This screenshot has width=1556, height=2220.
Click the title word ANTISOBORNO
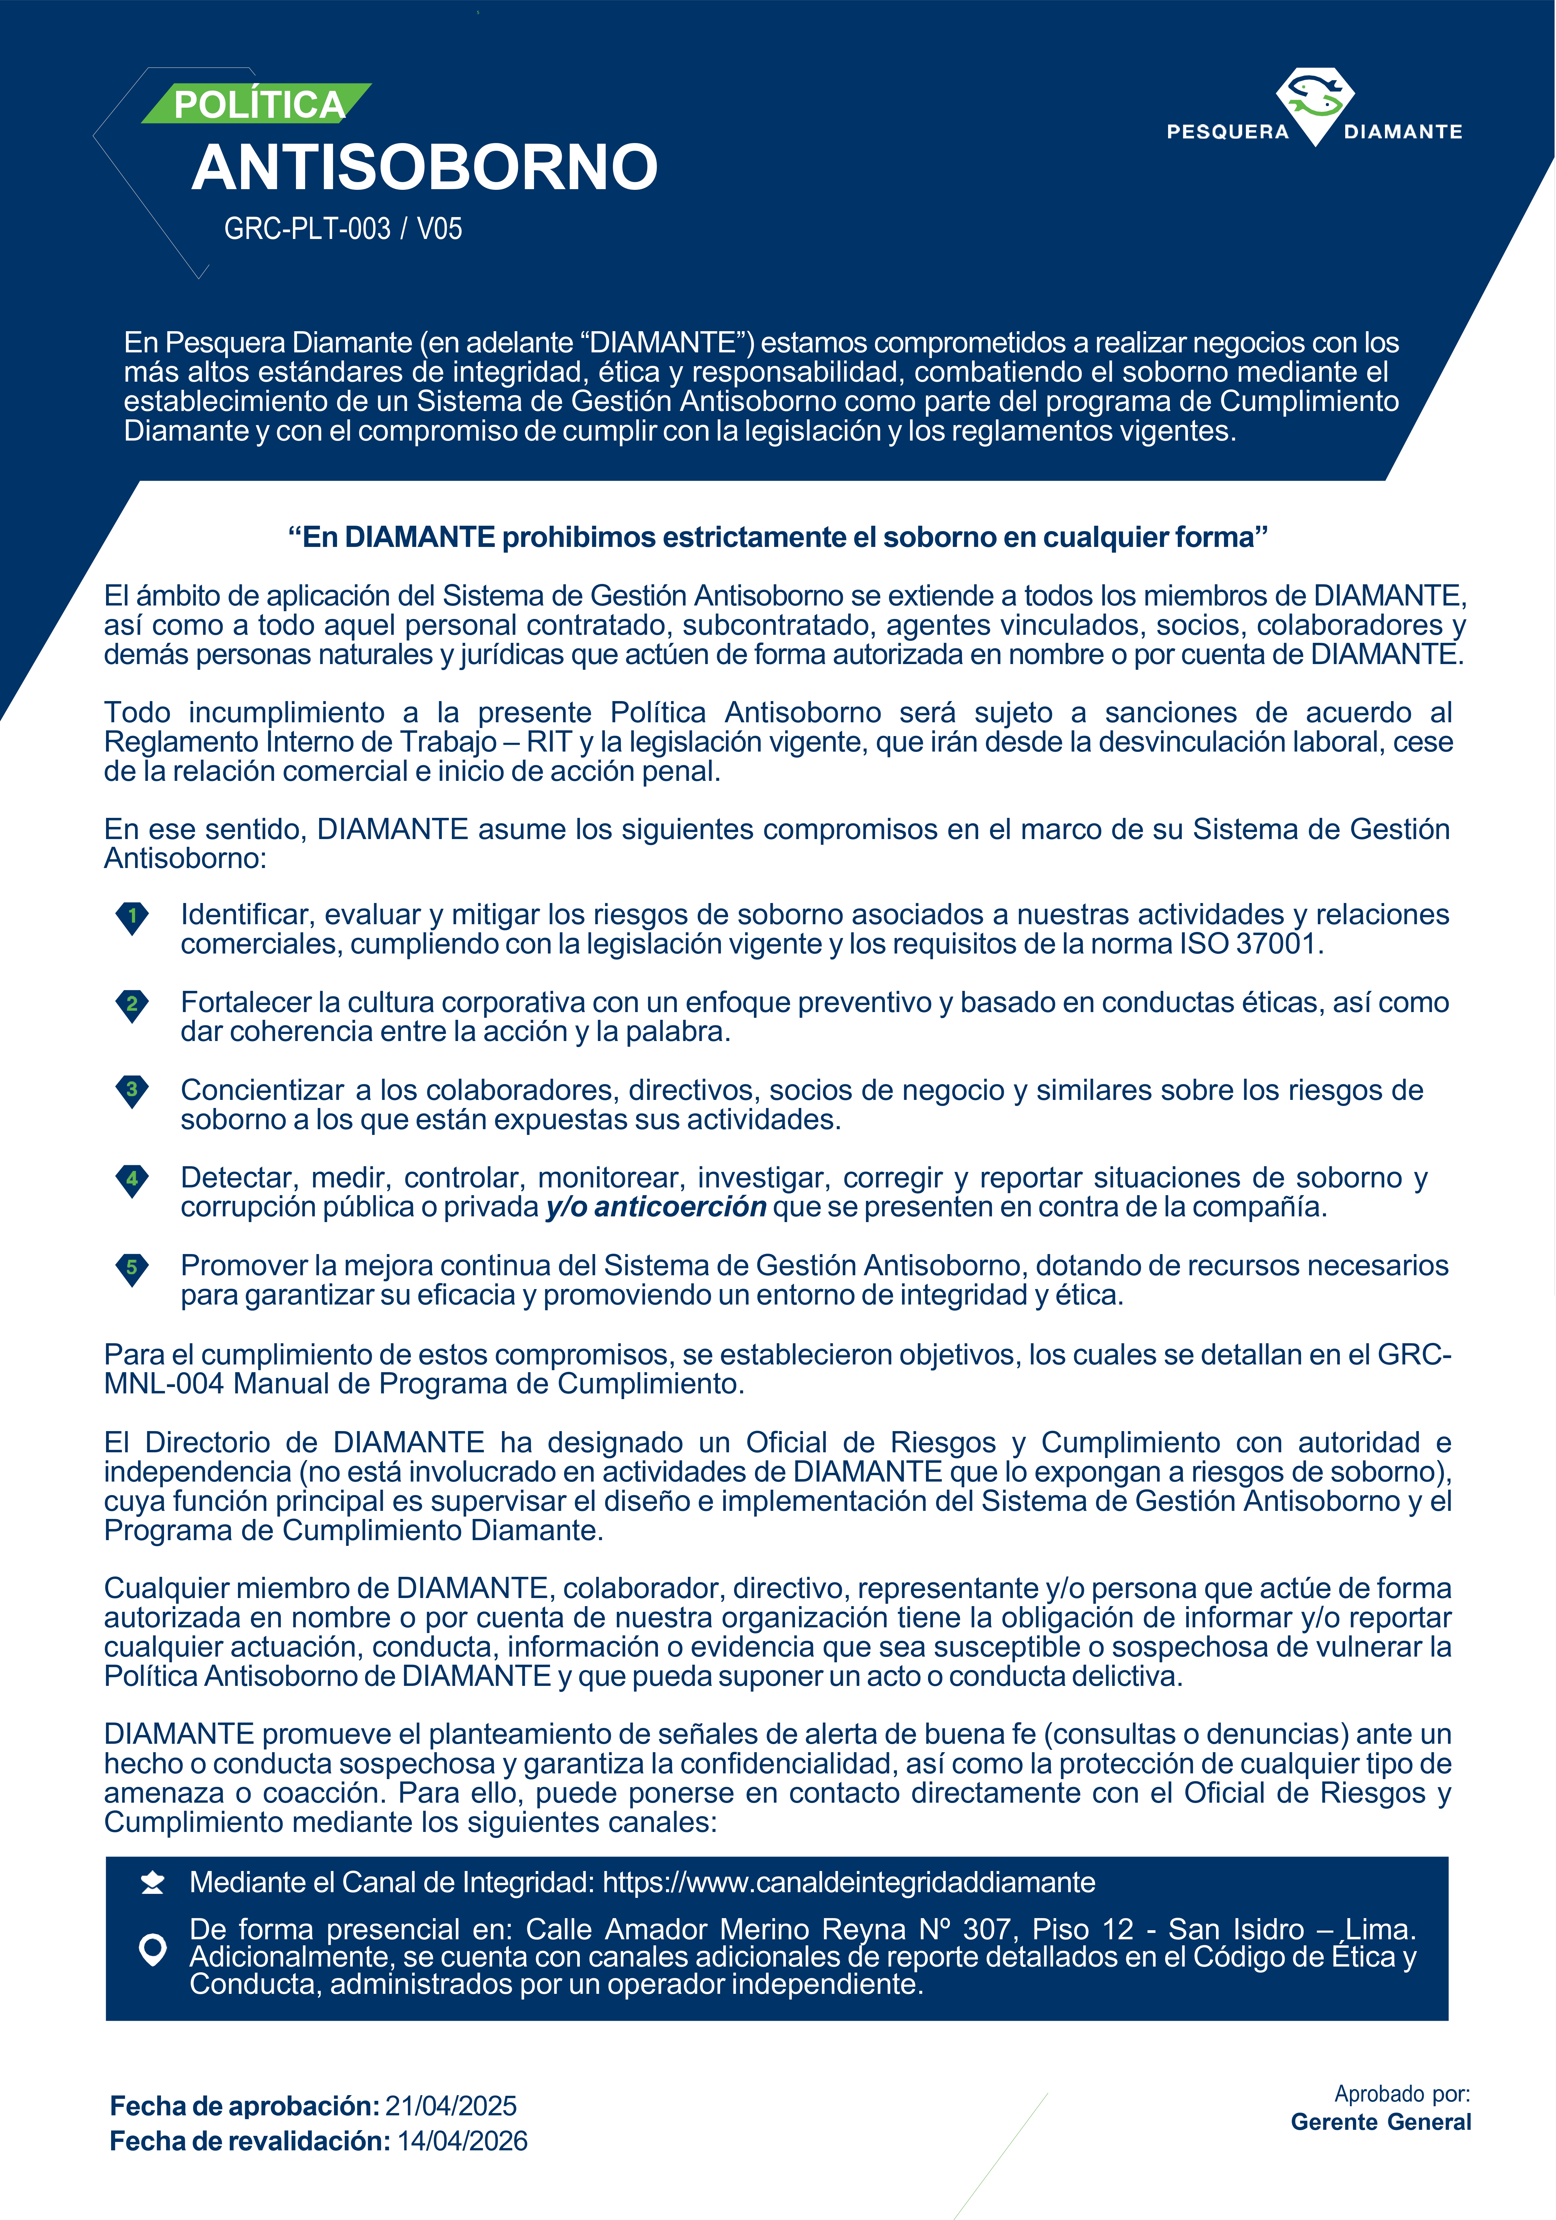click(425, 167)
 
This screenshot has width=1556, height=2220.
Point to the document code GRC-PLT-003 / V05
click(342, 229)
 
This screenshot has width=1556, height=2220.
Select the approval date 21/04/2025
click(451, 2106)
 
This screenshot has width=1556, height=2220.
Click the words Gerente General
click(1380, 2122)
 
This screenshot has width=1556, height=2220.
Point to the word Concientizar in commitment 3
click(262, 1091)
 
